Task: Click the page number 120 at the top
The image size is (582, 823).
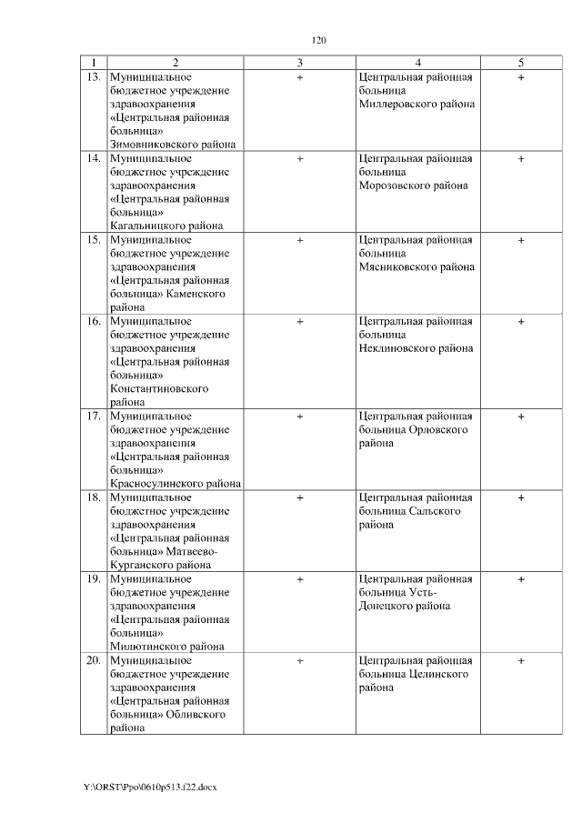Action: point(318,40)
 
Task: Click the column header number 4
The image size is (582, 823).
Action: point(417,63)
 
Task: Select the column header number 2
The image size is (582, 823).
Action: point(175,63)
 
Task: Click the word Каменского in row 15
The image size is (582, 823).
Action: point(197,294)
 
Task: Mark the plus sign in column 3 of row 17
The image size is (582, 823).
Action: point(299,417)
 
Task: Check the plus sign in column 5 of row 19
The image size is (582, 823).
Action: point(521,578)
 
